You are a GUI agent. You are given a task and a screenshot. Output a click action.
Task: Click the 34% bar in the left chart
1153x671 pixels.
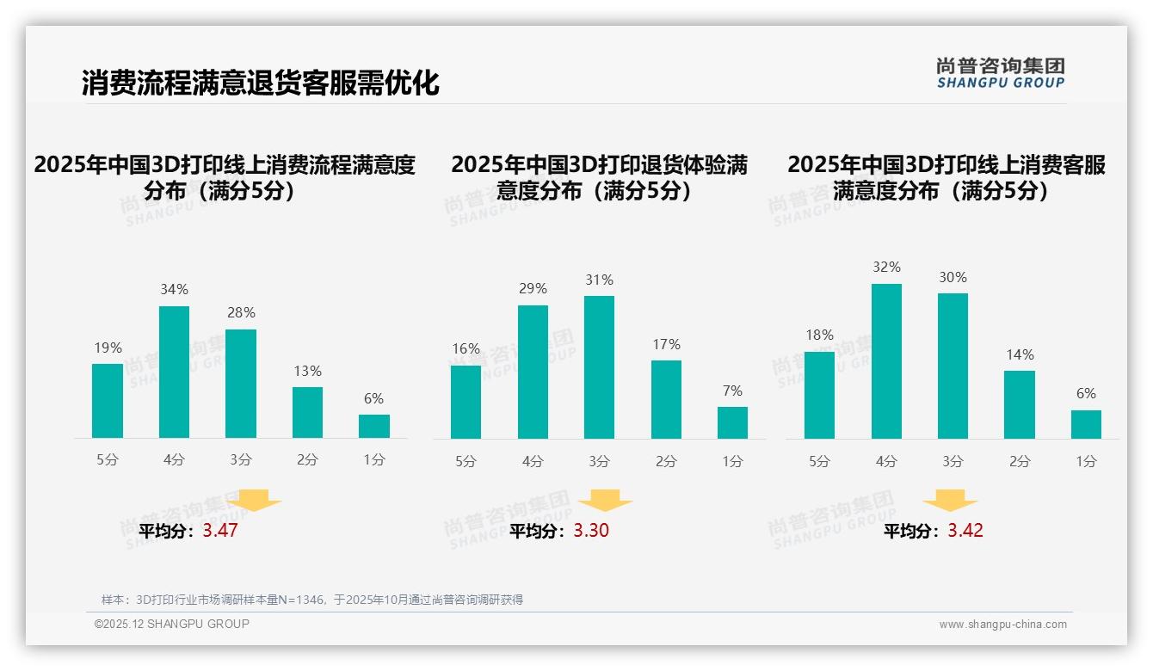[174, 372]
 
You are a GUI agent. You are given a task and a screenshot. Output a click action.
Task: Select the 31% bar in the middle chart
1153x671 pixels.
[599, 367]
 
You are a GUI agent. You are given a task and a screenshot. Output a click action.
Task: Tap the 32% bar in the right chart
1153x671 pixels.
[886, 361]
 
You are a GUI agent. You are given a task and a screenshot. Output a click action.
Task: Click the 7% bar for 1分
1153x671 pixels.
[732, 422]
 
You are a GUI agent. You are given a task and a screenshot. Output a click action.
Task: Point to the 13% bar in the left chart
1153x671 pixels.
[307, 412]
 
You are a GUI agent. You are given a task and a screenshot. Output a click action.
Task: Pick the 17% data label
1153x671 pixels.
[666, 344]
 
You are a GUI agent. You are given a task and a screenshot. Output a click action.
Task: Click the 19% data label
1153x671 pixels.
[108, 348]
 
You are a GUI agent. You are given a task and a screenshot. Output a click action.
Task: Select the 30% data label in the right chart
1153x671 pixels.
[953, 277]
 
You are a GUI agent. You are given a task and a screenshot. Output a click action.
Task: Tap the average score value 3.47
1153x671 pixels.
[220, 530]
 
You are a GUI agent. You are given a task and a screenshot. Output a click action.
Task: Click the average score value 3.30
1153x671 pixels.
[591, 531]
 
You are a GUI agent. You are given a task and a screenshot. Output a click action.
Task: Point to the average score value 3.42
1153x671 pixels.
[965, 531]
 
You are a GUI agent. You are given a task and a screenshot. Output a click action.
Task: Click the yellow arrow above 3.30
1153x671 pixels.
[605, 501]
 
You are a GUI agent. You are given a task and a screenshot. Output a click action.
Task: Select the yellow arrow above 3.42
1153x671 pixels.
[950, 501]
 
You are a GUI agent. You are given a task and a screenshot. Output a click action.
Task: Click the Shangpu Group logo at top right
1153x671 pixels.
[1000, 73]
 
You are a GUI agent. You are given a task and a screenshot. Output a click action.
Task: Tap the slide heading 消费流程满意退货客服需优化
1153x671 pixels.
[260, 83]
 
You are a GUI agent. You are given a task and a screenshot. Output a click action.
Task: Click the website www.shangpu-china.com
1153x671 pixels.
[1002, 625]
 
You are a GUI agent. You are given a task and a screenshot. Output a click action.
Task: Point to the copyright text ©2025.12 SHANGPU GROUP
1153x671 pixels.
[171, 624]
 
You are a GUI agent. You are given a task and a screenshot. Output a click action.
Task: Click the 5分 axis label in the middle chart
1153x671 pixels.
[466, 461]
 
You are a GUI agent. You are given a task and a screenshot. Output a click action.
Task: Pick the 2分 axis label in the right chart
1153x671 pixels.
[1020, 461]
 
